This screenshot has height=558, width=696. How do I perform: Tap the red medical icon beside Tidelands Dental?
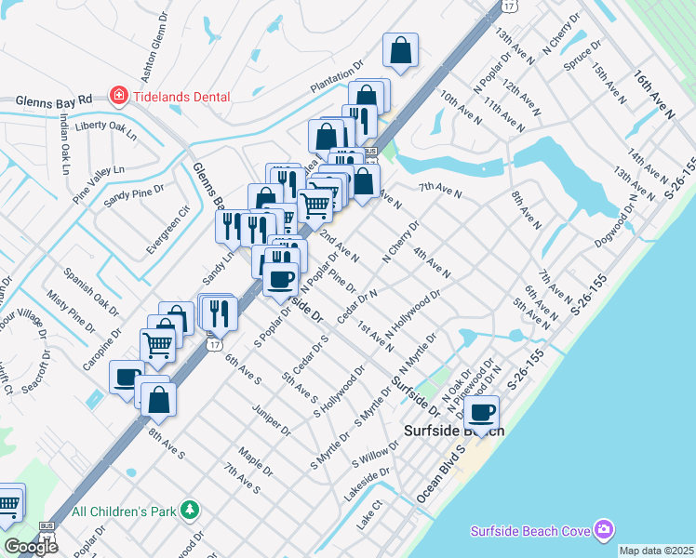tap(118, 94)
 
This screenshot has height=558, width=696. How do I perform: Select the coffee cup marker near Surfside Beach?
tap(482, 412)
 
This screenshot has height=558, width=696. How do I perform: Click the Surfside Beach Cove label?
tap(529, 530)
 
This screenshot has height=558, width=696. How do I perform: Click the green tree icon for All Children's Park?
tap(190, 510)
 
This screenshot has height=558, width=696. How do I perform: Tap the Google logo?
tap(31, 547)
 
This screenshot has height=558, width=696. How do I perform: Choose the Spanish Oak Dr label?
tap(92, 290)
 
